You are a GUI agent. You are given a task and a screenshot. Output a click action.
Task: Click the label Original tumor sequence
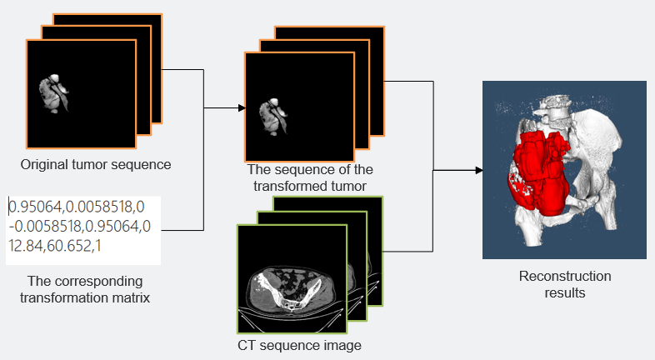click(x=96, y=164)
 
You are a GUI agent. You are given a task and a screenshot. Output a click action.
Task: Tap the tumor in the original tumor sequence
click(x=54, y=93)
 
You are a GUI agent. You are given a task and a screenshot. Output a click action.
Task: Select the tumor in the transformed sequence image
click(x=273, y=117)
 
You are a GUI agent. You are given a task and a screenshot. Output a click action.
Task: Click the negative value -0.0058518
click(x=45, y=227)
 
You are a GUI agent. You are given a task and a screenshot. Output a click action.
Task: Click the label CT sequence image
click(x=299, y=346)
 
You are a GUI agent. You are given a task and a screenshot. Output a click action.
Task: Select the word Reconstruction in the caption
click(x=565, y=276)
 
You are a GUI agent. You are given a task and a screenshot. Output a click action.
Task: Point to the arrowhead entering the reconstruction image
click(x=479, y=170)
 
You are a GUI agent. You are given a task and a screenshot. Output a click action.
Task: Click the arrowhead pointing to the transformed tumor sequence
click(x=242, y=108)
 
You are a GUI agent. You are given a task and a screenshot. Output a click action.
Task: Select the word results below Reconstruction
click(x=565, y=292)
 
